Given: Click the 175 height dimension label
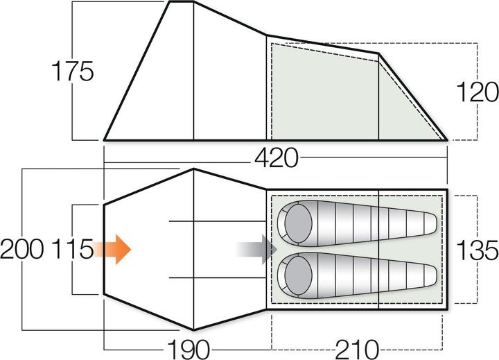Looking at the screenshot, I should point(72,71).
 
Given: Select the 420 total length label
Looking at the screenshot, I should point(276,159).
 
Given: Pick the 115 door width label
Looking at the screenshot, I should point(71,249).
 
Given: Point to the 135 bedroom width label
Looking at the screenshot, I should point(477,249).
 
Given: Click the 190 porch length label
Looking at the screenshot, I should point(187,347).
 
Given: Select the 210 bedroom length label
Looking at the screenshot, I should point(356,347).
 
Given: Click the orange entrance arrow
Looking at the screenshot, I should point(112,248).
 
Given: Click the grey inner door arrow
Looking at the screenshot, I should point(257,248).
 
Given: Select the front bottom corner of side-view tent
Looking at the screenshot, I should point(105,139).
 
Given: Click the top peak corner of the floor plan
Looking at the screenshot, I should point(193,170).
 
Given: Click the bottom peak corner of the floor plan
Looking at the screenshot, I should point(193,329).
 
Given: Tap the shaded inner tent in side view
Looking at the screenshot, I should point(326,90).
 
